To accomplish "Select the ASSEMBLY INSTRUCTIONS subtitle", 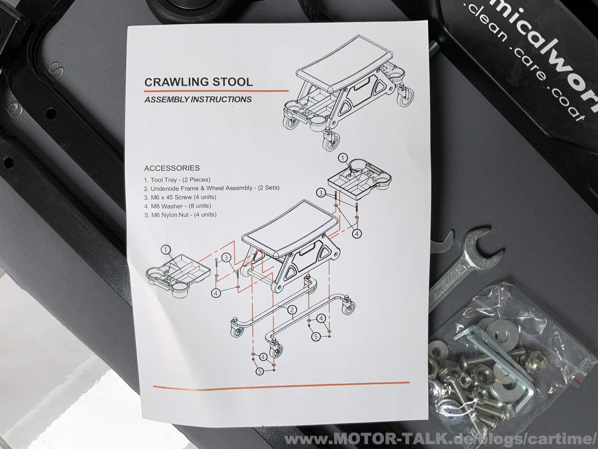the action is (x=198, y=100).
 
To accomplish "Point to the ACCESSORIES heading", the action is (x=172, y=168).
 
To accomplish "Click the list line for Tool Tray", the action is (x=177, y=180).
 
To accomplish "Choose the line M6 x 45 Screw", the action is (x=180, y=197).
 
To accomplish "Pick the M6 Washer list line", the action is (x=178, y=206).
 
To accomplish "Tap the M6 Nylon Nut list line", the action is (x=180, y=214).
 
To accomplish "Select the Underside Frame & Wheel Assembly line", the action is (x=212, y=188).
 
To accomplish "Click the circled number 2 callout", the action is (x=292, y=309).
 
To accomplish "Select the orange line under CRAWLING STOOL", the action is (x=216, y=91).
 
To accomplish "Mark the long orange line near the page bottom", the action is (x=281, y=384).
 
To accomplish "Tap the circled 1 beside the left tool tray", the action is (x=166, y=250).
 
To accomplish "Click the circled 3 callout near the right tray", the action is (x=321, y=193).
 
